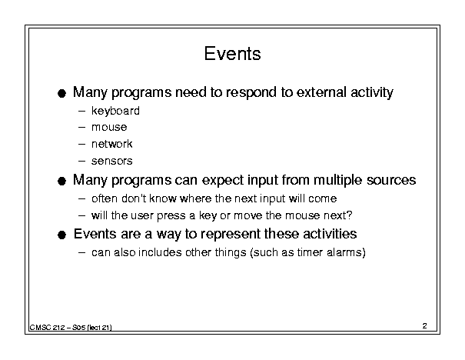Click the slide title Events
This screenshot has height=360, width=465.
pos(232,54)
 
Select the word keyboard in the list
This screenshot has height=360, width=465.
pos(115,111)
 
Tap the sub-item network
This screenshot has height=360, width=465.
pos(111,144)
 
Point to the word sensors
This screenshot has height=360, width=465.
pos(111,162)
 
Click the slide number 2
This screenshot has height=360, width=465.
pos(425,326)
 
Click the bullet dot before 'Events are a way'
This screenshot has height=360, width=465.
pos(61,235)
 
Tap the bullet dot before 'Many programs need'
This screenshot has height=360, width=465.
pos(61,94)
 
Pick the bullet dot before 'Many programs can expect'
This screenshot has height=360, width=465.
pos(61,181)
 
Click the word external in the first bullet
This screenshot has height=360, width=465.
pos(321,92)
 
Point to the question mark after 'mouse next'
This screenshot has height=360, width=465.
pos(349,215)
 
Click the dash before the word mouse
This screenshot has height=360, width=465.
pos(81,128)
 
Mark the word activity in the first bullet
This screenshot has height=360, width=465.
pos(372,92)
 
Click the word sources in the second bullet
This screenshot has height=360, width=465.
pos(391,181)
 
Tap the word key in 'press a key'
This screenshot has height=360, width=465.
pos(208,215)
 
